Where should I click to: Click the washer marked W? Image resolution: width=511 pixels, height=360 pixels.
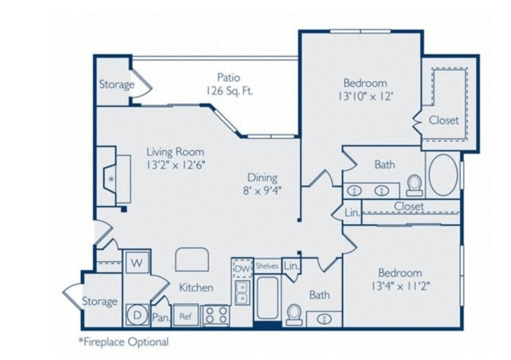[137, 262]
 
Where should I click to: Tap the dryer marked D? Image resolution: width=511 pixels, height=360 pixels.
[137, 315]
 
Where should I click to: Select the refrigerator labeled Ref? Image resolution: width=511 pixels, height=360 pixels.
[186, 315]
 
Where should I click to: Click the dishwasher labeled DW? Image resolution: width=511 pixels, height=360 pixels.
[242, 269]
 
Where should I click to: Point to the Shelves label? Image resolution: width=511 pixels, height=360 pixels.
[267, 266]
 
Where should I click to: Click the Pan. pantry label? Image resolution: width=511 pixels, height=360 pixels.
[161, 317]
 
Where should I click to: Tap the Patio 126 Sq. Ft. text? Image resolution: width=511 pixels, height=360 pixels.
[229, 84]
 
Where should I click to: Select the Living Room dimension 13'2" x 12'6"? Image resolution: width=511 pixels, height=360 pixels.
[175, 165]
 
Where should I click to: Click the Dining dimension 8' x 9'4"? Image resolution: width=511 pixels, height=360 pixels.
[262, 190]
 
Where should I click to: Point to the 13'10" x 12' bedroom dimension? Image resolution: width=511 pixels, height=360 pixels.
[365, 96]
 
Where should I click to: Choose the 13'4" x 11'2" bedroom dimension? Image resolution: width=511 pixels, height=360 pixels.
[400, 286]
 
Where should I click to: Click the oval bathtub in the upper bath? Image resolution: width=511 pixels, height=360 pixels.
[443, 175]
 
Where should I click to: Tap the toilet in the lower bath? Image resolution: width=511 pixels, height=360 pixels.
[294, 315]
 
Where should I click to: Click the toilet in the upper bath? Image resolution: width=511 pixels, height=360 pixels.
[415, 185]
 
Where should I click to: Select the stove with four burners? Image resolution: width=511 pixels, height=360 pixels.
[216, 315]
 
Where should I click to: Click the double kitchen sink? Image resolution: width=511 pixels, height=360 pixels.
[242, 293]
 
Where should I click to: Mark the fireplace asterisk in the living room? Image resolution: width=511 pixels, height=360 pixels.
[111, 179]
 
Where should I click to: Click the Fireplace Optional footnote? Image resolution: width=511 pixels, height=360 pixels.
[124, 342]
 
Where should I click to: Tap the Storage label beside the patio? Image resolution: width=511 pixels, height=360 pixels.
[117, 84]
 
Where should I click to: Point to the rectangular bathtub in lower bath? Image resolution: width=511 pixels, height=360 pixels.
[268, 298]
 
